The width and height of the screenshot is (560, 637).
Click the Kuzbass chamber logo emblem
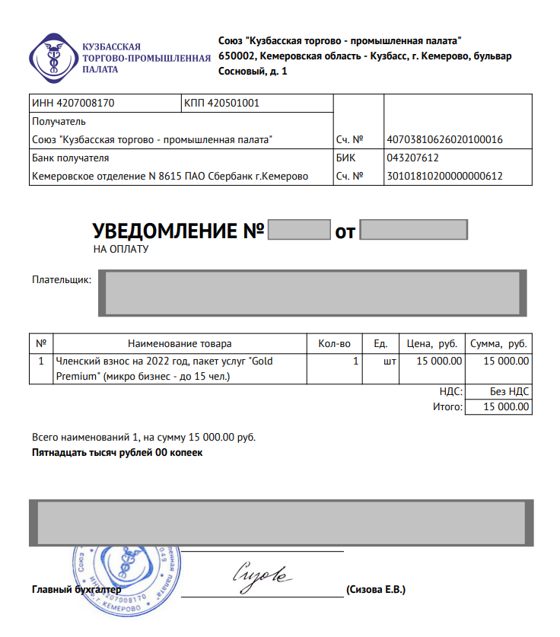tap(53, 57)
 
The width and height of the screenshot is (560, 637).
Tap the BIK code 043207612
tap(412, 158)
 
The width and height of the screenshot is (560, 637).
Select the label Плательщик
tap(62, 280)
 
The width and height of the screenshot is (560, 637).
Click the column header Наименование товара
tap(180, 344)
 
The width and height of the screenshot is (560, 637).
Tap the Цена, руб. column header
tap(431, 344)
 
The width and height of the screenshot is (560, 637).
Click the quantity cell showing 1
tap(355, 361)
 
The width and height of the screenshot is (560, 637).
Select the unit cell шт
tap(390, 361)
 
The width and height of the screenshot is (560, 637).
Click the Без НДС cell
tap(509, 392)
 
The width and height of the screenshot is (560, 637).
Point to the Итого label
tap(447, 408)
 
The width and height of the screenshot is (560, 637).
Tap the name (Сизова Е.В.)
tap(376, 590)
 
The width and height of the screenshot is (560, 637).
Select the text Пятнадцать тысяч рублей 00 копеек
tap(117, 453)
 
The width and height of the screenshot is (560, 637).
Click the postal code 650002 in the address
tap(237, 56)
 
